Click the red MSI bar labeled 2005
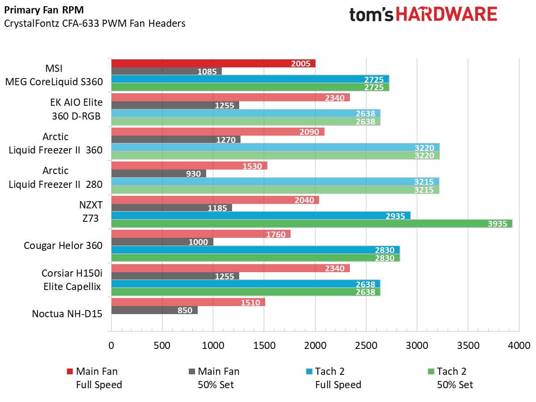coord(213,63)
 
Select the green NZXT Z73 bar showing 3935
coord(311,224)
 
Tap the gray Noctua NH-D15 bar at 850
coord(154,310)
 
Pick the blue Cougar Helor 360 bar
coord(255,249)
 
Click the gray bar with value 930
coord(158,174)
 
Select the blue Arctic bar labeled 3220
coord(275,147)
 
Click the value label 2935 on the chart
coord(395,216)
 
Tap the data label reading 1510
coord(250,303)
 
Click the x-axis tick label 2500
coord(366,345)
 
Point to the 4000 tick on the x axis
coord(519,345)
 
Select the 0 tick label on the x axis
coord(111,345)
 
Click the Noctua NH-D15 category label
coord(67,314)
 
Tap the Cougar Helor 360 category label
coord(63,245)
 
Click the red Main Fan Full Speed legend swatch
coord(69,371)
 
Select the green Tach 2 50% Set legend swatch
coord(431,371)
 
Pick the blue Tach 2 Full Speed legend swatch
coord(309,371)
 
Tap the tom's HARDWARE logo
coord(423,15)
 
